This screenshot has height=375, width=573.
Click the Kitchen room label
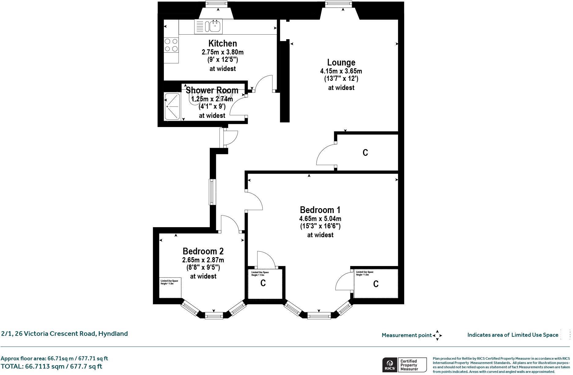pyautogui.click(x=222, y=43)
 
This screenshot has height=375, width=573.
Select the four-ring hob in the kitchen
pyautogui.click(x=171, y=45)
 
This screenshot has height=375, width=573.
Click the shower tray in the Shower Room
pyautogui.click(x=172, y=107)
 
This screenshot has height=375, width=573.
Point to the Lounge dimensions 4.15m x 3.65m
pyautogui.click(x=341, y=71)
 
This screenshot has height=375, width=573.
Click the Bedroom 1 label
pyautogui.click(x=320, y=210)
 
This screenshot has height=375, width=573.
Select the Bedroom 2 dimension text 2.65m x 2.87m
pyautogui.click(x=203, y=260)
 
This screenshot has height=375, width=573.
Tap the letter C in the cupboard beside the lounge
pyautogui.click(x=365, y=152)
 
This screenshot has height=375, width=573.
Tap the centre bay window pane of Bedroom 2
pyautogui.click(x=214, y=316)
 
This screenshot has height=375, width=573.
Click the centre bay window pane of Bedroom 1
pyautogui.click(x=319, y=316)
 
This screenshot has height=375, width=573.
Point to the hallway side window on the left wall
pyautogui.click(x=212, y=192)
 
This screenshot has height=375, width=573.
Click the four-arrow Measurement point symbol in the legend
pyautogui.click(x=437, y=335)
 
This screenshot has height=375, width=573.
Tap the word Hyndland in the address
pyautogui.click(x=113, y=334)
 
